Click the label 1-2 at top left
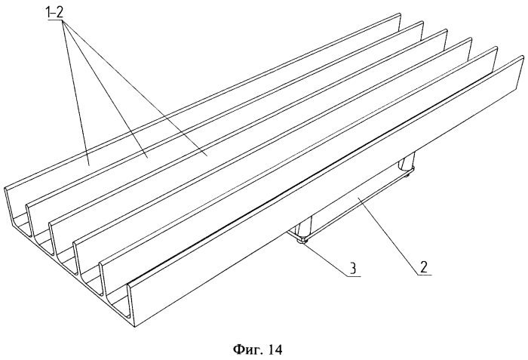click(54, 13)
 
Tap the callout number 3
click(352, 269)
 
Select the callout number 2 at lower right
click(423, 267)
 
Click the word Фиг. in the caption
click(247, 349)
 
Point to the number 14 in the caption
click(275, 349)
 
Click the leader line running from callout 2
click(390, 237)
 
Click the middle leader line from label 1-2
click(104, 88)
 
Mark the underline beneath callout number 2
click(425, 275)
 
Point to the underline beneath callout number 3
click(354, 276)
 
